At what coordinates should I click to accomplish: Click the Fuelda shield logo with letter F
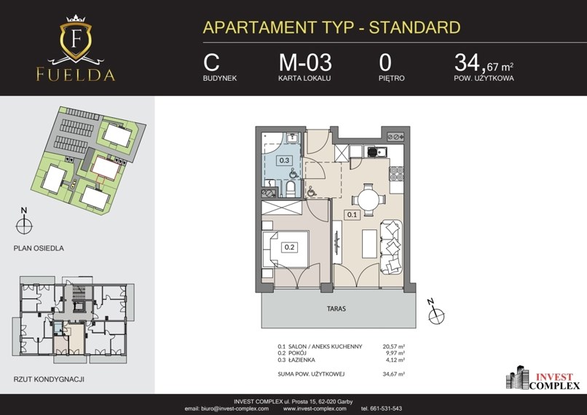tap(76, 39)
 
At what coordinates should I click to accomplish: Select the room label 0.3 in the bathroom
tap(284, 160)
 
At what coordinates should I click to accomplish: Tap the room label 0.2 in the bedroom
tap(289, 247)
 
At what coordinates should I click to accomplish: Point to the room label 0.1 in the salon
tap(352, 215)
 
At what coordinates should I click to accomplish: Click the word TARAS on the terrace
tap(336, 309)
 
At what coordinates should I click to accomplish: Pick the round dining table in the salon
tap(369, 199)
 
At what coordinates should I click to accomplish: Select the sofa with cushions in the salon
tap(392, 247)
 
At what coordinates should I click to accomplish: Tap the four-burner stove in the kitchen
tap(396, 174)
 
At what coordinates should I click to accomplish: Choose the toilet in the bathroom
tap(291, 189)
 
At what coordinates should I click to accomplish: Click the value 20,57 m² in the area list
tap(393, 347)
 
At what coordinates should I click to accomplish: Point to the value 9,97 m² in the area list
tap(395, 353)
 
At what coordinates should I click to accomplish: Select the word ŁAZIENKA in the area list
tap(302, 360)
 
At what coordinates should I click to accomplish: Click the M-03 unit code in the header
tap(305, 62)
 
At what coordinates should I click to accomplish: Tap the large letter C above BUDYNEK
tap(211, 63)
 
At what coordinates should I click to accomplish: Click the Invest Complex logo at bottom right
tap(543, 378)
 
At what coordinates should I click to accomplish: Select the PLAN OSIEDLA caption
tap(39, 248)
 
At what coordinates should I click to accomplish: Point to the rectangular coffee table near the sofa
tap(369, 244)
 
